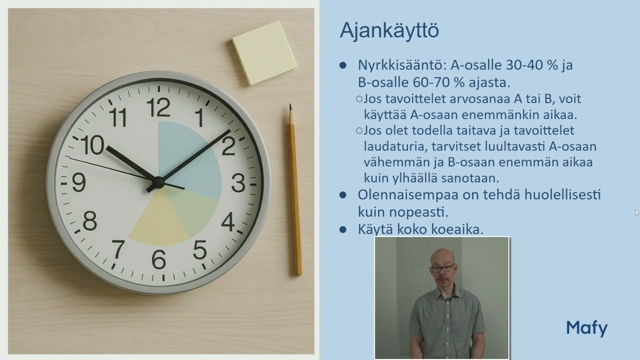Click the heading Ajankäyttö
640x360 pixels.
tap(389, 30)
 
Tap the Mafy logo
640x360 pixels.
tap(587, 328)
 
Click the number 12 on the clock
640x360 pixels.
tap(158, 107)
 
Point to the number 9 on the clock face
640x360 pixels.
tap(78, 182)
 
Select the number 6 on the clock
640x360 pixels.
tap(158, 259)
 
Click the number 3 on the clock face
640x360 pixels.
tap(238, 183)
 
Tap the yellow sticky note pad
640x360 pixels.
tap(264, 53)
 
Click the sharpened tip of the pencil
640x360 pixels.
tap(290, 105)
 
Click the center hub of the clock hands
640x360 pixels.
tap(158, 181)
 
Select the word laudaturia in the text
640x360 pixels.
tap(395, 146)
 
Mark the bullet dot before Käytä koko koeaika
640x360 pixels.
tap(343, 229)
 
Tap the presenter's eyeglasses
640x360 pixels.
tap(442, 268)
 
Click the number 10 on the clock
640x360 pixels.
tap(92, 145)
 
